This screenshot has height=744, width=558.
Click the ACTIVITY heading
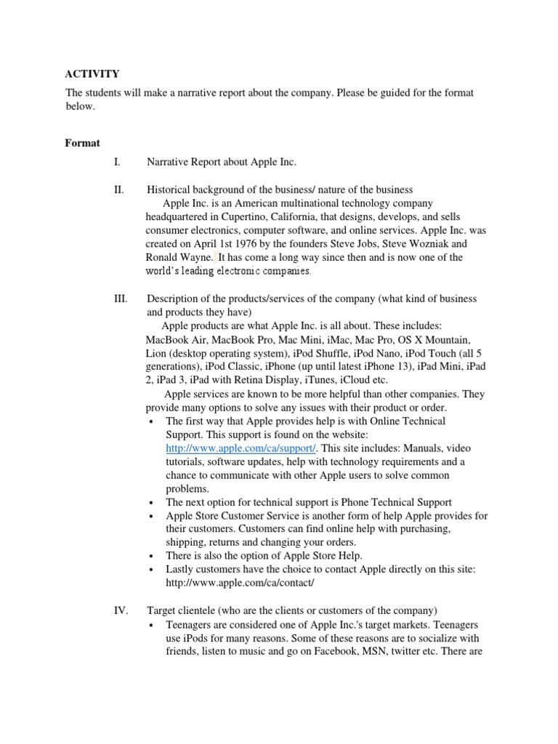[x=92, y=73]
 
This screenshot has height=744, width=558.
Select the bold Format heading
[x=82, y=143]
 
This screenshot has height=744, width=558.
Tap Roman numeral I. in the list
[x=117, y=162]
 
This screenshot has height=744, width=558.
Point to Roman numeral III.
[x=121, y=299]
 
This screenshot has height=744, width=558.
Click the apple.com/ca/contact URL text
[x=240, y=583]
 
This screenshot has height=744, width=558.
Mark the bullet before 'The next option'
[x=150, y=503]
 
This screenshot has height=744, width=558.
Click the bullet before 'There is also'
[x=150, y=557]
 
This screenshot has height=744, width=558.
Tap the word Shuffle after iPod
[x=303, y=353]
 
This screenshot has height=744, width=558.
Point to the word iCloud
[x=361, y=380]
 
